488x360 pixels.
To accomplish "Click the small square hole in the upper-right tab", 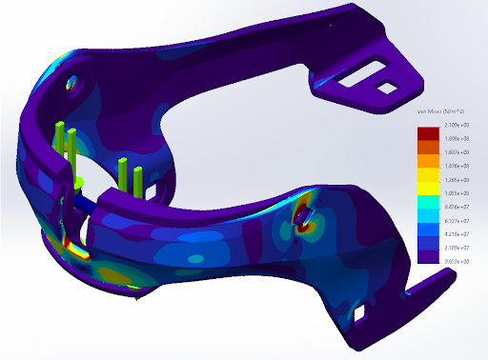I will point(388,88).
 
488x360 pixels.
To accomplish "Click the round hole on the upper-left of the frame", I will point(73,84).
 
